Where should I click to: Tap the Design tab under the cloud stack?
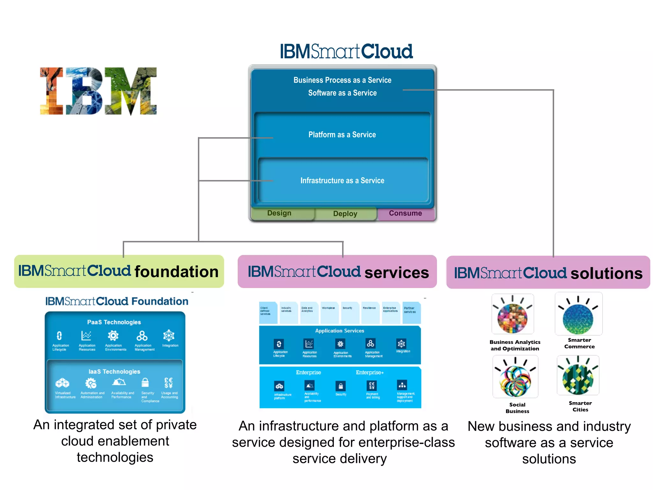click(x=279, y=213)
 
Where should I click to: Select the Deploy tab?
click(x=345, y=214)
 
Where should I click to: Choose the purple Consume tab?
click(x=405, y=213)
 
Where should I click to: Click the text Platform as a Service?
click(x=342, y=135)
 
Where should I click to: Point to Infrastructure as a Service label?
click(x=342, y=181)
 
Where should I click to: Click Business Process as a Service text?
click(x=342, y=80)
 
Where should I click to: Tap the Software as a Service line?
click(x=342, y=93)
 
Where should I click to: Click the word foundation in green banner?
click(x=176, y=272)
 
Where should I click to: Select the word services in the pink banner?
click(x=397, y=273)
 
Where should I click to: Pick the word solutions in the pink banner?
click(x=606, y=274)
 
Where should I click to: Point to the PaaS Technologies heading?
click(x=114, y=322)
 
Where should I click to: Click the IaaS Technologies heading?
click(x=114, y=372)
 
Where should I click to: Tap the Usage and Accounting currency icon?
click(x=168, y=382)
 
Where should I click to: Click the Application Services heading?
click(x=340, y=331)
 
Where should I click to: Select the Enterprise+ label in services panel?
click(x=370, y=373)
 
